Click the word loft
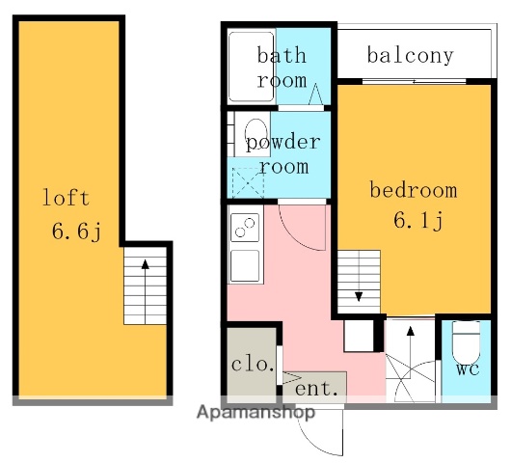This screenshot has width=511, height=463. tap(66, 199)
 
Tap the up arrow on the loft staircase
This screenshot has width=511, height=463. tap(145, 266)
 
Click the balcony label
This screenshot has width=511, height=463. tap(410, 55)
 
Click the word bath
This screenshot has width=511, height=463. tap(281, 55)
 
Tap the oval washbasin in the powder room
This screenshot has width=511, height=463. tap(255, 130)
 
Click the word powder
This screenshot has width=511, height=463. tap(282, 143)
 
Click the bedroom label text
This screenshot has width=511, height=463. tap(414, 189)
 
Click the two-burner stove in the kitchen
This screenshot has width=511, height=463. tap(244, 230)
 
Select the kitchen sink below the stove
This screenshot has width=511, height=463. tap(244, 263)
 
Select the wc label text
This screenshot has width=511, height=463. tap(467, 369)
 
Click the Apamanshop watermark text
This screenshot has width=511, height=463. tap(256, 413)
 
